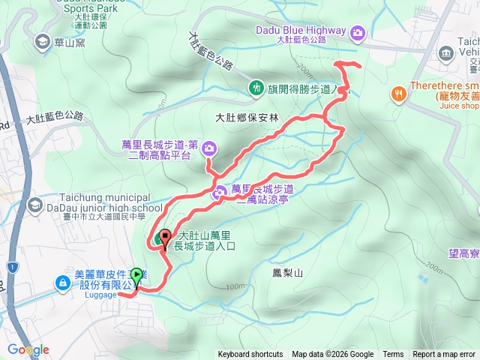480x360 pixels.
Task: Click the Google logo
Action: tap(28, 349)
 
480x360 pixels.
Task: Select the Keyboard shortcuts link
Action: tap(250, 355)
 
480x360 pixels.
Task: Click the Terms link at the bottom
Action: tap(393, 355)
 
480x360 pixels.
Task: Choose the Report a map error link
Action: tap(444, 355)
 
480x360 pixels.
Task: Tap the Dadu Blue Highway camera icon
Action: tap(358, 31)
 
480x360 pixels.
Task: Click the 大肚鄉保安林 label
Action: tap(247, 118)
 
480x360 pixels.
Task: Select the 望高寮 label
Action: tap(463, 253)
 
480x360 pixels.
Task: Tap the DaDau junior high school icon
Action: tap(35, 205)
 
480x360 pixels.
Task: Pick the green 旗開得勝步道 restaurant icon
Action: tap(256, 88)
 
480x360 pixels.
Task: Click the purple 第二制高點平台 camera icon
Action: tap(208, 146)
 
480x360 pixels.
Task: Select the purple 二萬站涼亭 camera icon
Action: tap(219, 193)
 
